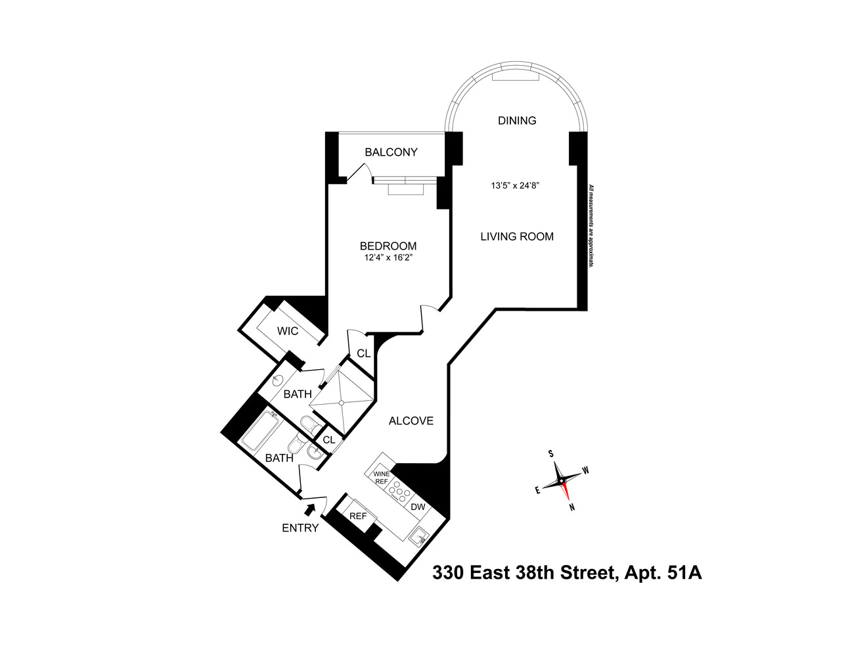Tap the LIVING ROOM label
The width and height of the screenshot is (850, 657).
point(516,237)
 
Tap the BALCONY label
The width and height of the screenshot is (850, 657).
point(391,152)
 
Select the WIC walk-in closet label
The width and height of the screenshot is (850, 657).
point(287,331)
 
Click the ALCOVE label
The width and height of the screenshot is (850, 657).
point(411,420)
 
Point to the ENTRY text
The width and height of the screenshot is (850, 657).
point(300,528)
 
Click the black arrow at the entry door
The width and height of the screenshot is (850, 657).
point(310,508)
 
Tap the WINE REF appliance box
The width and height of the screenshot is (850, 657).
point(381,478)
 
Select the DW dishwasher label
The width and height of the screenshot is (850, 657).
point(418,507)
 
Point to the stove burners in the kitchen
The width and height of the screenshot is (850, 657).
point(399,491)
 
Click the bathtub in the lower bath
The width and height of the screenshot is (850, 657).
point(257,432)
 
